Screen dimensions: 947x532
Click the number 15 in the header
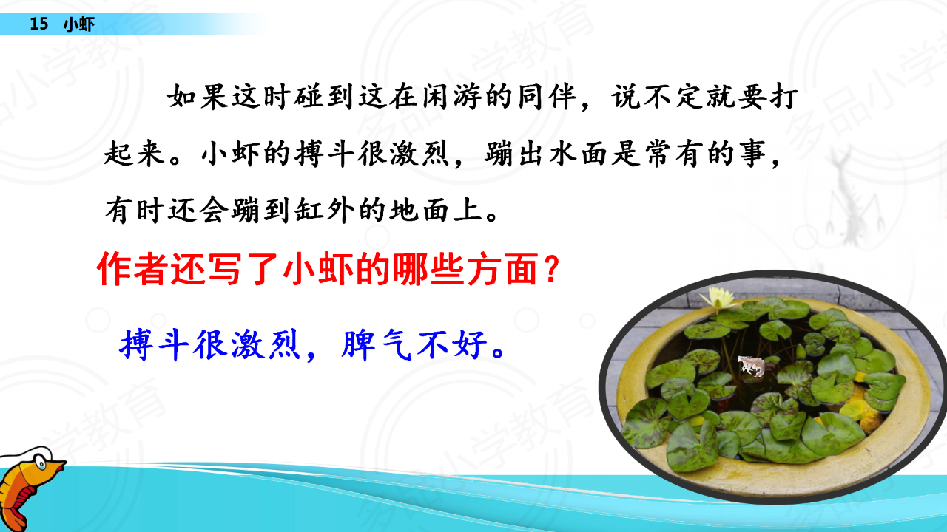tap(39, 24)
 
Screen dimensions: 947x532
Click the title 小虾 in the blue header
tap(79, 24)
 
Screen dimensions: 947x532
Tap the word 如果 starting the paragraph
tap(199, 97)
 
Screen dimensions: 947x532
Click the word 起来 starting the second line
tap(135, 153)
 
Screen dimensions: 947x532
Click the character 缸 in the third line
tap(310, 210)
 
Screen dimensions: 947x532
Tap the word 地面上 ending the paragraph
tap(437, 210)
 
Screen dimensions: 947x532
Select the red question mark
tap(551, 268)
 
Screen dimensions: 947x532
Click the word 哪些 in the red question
tap(428, 268)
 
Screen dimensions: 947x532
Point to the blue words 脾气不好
tap(414, 345)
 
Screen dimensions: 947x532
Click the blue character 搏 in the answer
tap(135, 345)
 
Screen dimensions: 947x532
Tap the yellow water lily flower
tap(718, 297)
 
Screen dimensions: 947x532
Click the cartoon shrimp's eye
tap(41, 464)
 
